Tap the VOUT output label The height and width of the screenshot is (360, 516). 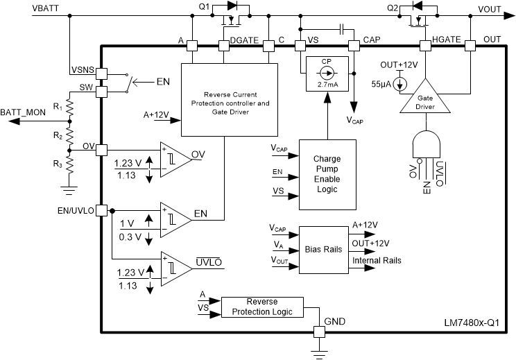click(x=493, y=9)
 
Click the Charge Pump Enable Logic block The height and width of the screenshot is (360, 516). click(x=327, y=174)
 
